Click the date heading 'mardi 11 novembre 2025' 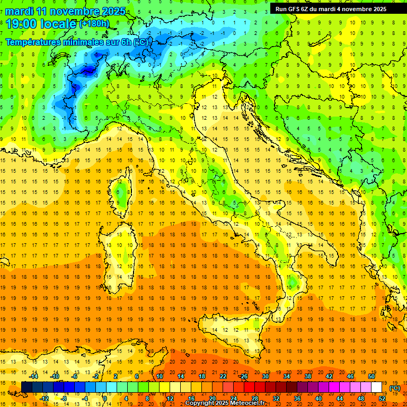66,11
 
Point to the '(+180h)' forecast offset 94,24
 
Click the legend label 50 371,376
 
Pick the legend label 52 382,399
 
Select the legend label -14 33,376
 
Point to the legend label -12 45,399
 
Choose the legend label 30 265,376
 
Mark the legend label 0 105,399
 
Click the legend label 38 307,376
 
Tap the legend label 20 212,399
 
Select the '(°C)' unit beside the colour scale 395,388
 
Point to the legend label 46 350,376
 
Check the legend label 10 159,376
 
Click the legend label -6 75,376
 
